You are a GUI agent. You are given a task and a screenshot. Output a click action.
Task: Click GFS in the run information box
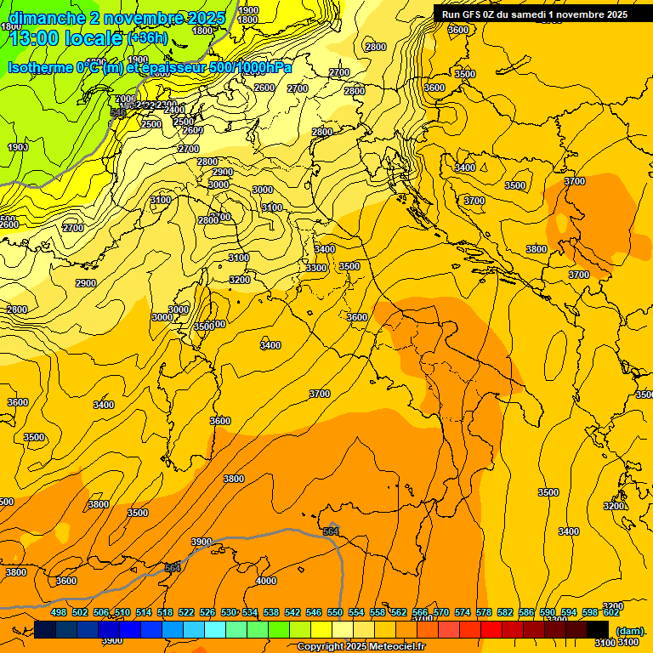(x=474, y=14)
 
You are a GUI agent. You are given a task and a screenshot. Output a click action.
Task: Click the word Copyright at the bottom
(x=321, y=647)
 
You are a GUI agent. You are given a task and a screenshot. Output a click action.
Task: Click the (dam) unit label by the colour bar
(x=629, y=631)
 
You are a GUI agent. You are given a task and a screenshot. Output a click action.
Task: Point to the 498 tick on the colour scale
(x=59, y=612)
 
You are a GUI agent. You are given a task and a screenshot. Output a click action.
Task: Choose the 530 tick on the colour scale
(x=228, y=612)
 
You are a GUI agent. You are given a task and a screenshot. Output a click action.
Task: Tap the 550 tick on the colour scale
(x=335, y=612)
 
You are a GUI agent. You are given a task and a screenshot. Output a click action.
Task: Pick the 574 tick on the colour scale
(x=463, y=612)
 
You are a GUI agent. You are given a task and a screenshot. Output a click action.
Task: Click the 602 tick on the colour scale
(x=611, y=612)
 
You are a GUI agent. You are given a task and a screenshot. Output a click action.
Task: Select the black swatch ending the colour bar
(x=598, y=630)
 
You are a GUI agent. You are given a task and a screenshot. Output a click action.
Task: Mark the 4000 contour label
(x=266, y=581)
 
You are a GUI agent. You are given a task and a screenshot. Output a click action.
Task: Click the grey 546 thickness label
(x=118, y=112)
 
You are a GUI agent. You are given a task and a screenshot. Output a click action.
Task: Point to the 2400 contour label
(x=174, y=110)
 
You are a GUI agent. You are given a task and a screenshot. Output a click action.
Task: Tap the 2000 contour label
(x=124, y=99)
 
